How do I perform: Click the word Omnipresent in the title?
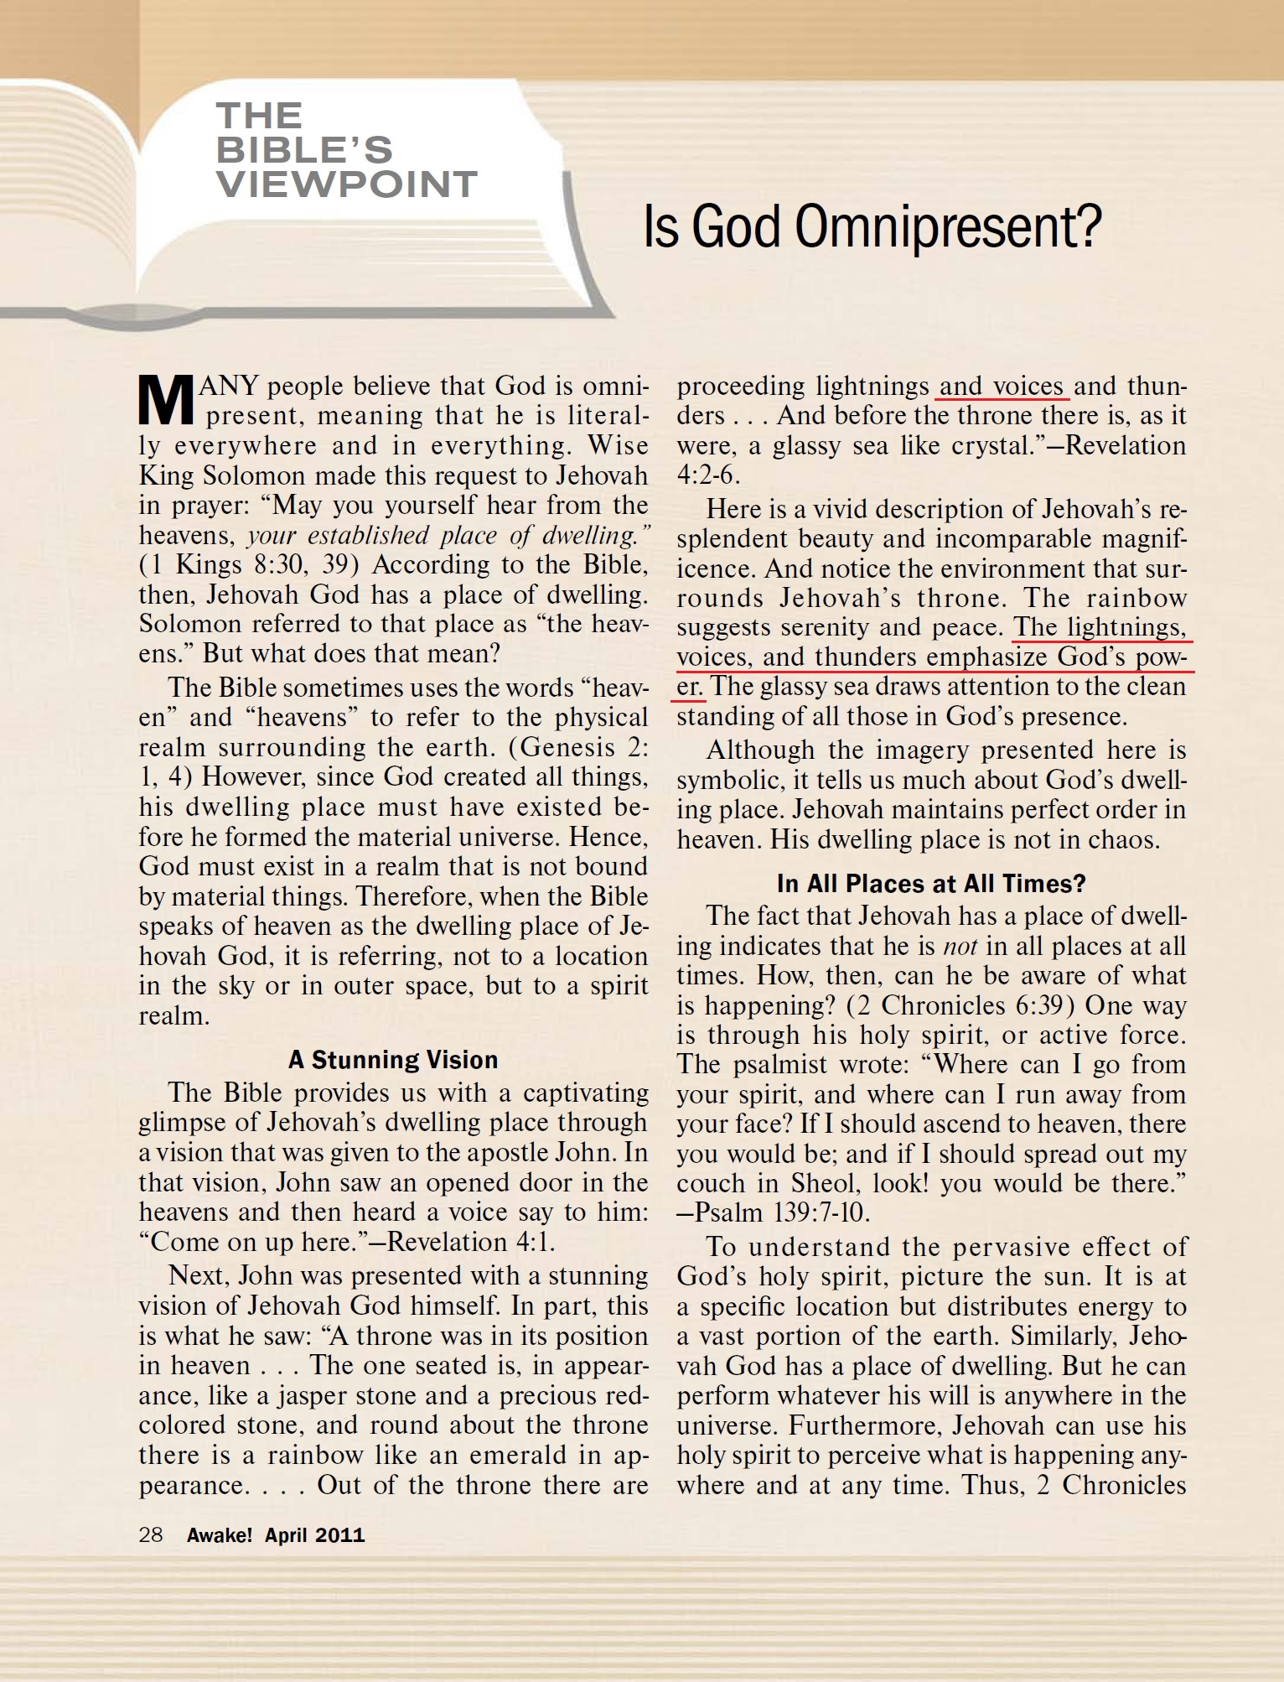947,228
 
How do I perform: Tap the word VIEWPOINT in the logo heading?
347,184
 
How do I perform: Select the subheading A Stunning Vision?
393,1060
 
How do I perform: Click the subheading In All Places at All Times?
931,884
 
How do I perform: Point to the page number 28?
151,1534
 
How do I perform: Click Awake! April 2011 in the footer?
276,1535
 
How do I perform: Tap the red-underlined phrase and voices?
1002,387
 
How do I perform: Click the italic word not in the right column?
960,947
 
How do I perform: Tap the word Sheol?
825,1183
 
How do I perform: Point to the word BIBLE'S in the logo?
304,150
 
